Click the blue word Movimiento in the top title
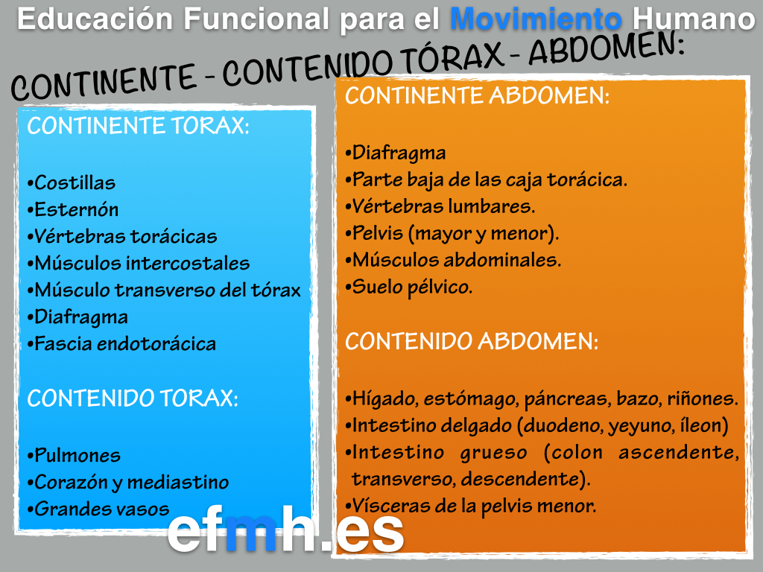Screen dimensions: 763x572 point(536,19)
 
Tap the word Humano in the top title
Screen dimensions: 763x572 point(694,19)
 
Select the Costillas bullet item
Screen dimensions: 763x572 point(72,183)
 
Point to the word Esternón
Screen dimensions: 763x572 point(77,209)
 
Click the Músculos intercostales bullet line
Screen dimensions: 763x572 point(139,263)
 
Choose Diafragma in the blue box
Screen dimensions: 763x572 point(77,317)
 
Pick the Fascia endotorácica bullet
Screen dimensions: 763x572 point(121,344)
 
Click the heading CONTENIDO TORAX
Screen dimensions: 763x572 point(133,398)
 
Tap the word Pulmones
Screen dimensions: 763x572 point(77,455)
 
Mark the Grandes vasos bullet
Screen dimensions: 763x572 point(98,509)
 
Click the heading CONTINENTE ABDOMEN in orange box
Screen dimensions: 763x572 point(477,95)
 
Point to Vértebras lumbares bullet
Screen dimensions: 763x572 point(440,206)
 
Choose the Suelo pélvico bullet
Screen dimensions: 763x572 point(409,287)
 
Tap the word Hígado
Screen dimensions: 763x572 point(385,399)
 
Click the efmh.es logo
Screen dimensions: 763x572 point(285,530)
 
